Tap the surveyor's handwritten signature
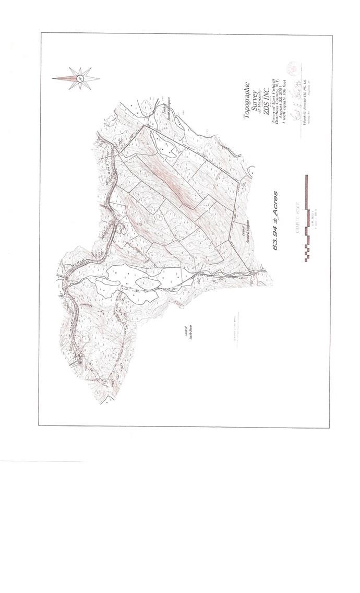[x=295, y=99]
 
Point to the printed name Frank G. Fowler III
[x=304, y=107]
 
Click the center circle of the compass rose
[x=80, y=78]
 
